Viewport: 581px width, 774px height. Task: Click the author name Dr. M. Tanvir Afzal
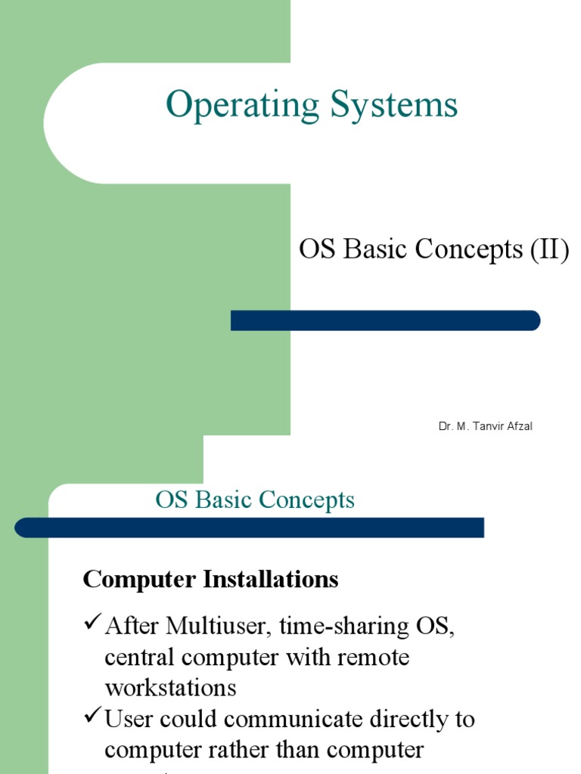click(485, 427)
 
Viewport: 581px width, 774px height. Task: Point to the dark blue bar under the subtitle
click(385, 320)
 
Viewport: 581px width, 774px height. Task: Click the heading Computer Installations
click(210, 580)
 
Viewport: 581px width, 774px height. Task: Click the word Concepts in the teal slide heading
click(306, 500)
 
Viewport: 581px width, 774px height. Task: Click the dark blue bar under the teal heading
click(250, 528)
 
